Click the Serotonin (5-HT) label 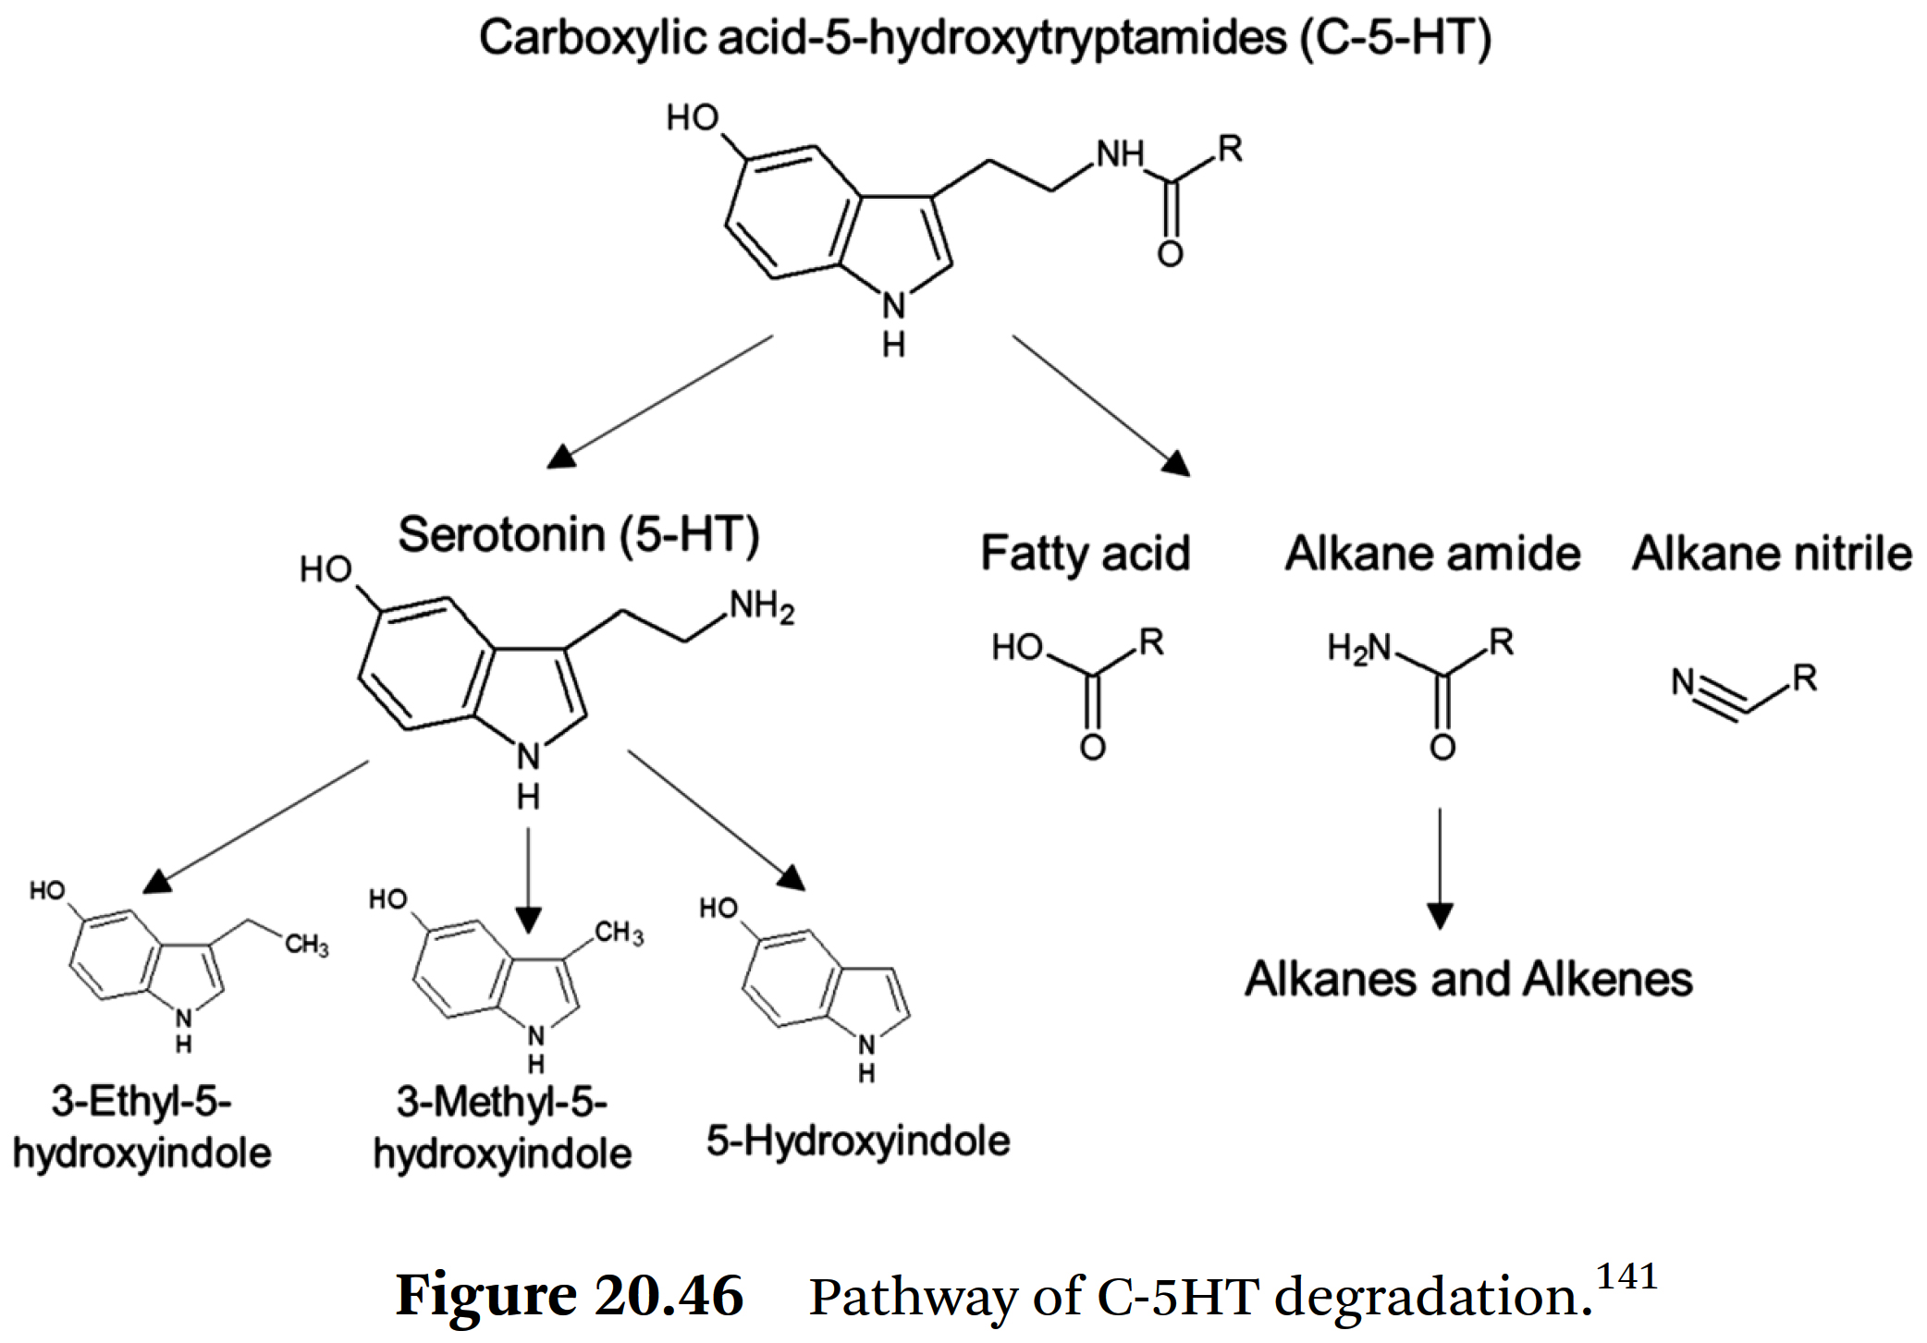point(579,535)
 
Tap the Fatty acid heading point(1085,554)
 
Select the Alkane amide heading point(1432,554)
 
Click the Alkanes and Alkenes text point(1468,979)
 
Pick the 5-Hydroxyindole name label point(858,1141)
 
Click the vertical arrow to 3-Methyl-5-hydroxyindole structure point(528,878)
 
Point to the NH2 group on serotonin point(762,608)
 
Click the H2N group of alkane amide point(1358,647)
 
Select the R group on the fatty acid point(1151,641)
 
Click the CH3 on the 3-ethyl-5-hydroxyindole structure point(307,945)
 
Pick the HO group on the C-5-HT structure point(693,118)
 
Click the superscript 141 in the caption point(1627,1276)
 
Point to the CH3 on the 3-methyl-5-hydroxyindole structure point(619,933)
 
